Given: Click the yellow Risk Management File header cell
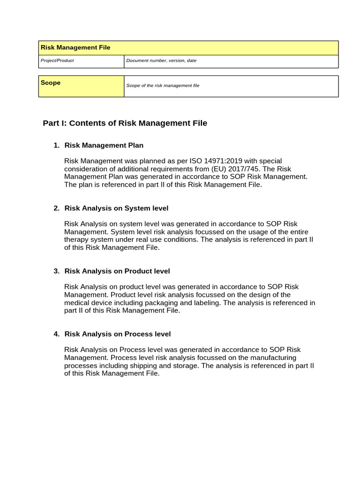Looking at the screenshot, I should point(188,48).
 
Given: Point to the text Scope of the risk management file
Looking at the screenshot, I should point(163,86).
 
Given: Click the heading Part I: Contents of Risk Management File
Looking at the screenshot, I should point(125,123).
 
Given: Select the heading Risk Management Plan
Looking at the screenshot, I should point(104,145).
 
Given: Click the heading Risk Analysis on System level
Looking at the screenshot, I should point(116,208).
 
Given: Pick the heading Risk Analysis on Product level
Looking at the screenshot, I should point(117,271).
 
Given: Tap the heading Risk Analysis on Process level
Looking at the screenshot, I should point(117,334).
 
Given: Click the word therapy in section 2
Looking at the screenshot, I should point(76,240).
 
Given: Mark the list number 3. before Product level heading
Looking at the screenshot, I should point(56,271).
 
